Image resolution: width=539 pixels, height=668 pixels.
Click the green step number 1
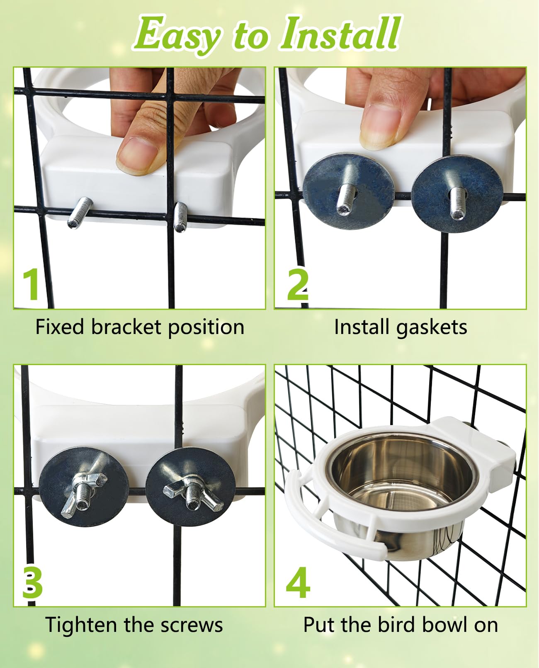point(32,284)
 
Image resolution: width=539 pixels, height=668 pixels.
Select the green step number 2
point(298,284)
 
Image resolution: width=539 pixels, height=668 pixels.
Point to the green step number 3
point(32,583)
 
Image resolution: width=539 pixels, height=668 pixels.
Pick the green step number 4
point(299,583)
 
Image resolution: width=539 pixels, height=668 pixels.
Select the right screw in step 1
point(180,217)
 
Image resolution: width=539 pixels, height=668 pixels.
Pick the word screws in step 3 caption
point(192,626)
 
